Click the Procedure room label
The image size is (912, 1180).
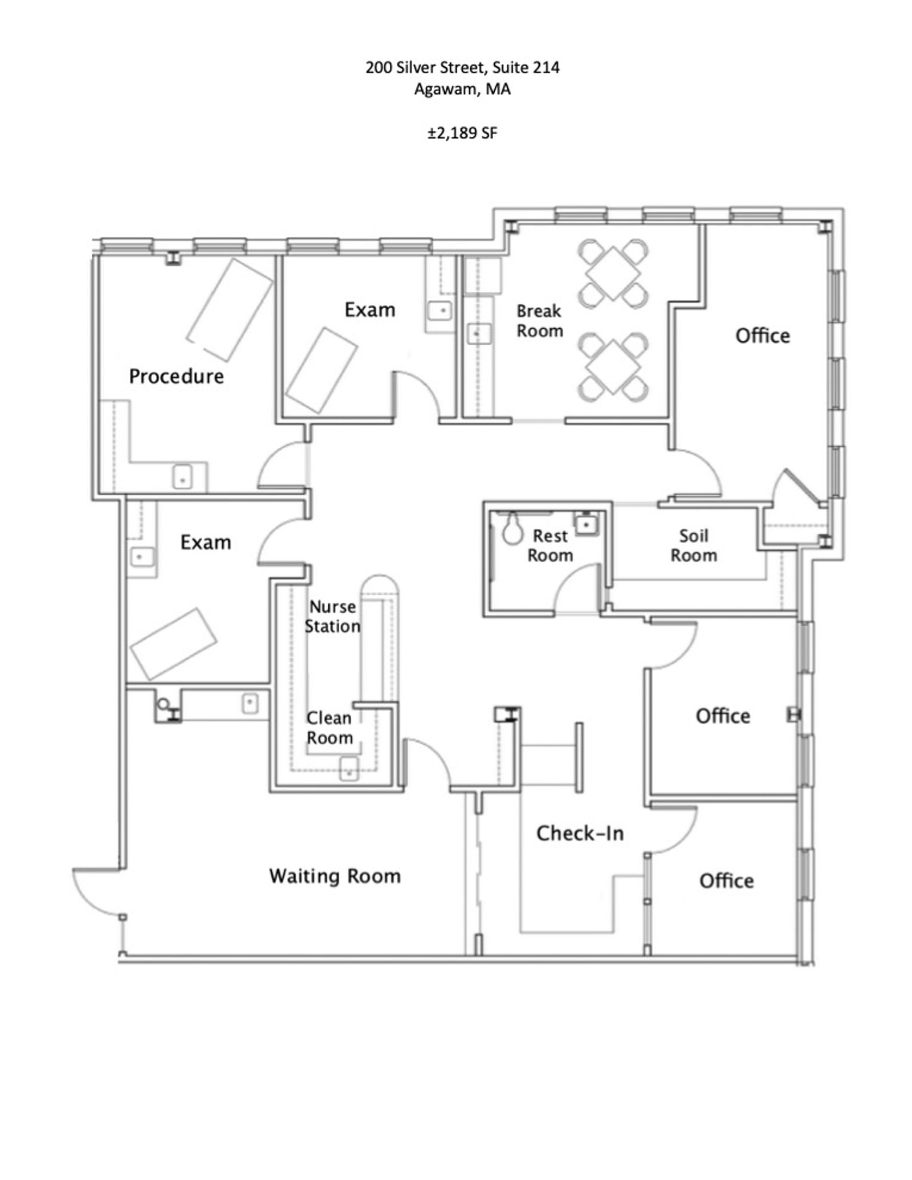click(176, 377)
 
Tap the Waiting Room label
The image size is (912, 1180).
click(335, 875)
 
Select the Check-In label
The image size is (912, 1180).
click(580, 833)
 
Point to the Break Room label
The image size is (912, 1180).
click(539, 321)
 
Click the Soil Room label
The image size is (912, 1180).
click(693, 545)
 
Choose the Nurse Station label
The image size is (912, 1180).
click(332, 616)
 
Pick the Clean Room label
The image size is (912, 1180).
click(329, 728)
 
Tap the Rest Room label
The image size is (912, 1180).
click(550, 545)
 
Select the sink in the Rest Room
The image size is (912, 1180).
click(585, 523)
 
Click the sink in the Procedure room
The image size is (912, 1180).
click(182, 476)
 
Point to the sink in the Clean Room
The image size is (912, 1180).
click(349, 769)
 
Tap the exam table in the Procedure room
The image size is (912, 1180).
click(230, 310)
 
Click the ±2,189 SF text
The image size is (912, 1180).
click(463, 133)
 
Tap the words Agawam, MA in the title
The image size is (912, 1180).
click(462, 89)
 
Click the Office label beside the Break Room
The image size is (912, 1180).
click(763, 336)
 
